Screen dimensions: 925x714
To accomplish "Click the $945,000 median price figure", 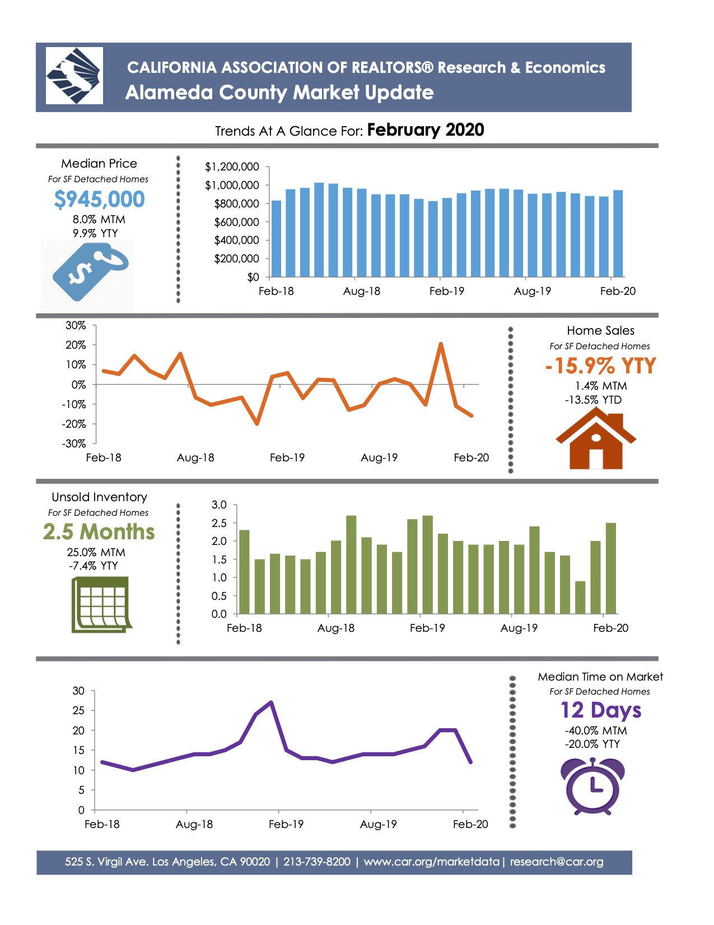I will (x=99, y=200).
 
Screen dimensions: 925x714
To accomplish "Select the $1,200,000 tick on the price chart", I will (x=232, y=167).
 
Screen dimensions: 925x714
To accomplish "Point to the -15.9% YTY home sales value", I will (x=600, y=366).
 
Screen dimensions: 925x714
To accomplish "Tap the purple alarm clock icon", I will (x=592, y=785).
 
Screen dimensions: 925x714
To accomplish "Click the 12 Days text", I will (x=600, y=710).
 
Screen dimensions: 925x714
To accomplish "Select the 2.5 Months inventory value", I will (x=99, y=532).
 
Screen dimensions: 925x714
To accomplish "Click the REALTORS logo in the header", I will (x=74, y=76).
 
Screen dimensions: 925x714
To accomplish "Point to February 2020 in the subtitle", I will (x=426, y=130).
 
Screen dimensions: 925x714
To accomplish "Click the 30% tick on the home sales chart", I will (x=76, y=326).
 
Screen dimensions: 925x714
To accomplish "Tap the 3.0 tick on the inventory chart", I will (x=219, y=505).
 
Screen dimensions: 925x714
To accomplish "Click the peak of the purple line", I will (x=272, y=702).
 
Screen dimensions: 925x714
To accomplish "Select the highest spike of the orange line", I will (x=441, y=344).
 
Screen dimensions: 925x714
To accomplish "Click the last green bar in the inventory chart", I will (x=610, y=568).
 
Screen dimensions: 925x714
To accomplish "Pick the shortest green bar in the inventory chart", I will (x=580, y=598).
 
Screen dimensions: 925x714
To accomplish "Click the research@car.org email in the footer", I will (x=557, y=862).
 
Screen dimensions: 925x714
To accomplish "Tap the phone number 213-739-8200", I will (x=317, y=862).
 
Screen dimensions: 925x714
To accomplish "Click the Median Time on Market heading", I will (x=600, y=677).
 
